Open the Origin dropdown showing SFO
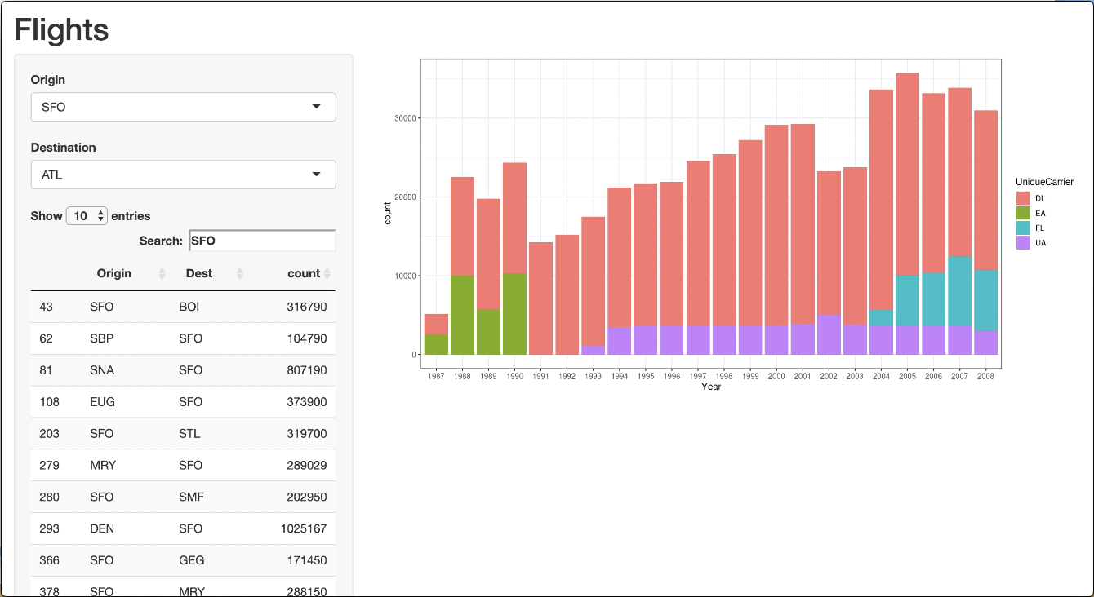183,107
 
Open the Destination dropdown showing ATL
183,175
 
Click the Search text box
262,241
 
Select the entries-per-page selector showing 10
87,216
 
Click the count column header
304,273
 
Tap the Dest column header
199,273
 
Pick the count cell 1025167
303,528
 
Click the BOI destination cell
189,307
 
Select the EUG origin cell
102,402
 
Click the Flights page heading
61,30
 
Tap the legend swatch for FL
1023,228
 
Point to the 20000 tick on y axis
407,197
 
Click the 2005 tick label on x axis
907,376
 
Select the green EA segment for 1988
462,315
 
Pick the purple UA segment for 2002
829,334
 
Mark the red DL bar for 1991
540,298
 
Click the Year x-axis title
711,387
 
